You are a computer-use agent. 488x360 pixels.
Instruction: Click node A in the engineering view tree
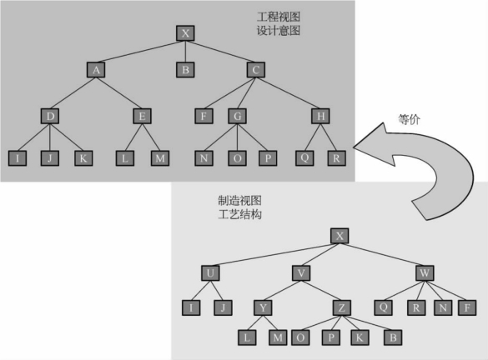96,70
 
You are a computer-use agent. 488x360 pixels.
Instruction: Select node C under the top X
256,70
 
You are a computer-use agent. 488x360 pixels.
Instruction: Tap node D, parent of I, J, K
50,116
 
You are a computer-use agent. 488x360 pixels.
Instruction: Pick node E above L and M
143,116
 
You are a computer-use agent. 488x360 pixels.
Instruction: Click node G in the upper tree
237,116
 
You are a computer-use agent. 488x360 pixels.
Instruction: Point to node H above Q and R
320,116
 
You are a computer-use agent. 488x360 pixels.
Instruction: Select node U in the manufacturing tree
210,273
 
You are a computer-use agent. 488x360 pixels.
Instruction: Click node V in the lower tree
301,273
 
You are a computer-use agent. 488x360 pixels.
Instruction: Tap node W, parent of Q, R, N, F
425,273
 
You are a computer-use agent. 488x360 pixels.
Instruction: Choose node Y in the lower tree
263,307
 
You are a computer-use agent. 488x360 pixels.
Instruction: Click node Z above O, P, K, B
342,307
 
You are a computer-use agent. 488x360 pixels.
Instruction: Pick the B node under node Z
393,337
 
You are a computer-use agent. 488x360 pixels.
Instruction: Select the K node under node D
83,158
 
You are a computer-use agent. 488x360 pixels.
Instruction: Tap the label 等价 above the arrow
410,119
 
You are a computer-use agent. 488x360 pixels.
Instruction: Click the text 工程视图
279,17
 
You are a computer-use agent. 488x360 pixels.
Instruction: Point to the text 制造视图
239,201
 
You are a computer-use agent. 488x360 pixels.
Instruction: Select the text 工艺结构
239,214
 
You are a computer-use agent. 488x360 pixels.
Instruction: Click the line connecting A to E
119,93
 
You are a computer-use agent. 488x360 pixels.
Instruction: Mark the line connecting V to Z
321,291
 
